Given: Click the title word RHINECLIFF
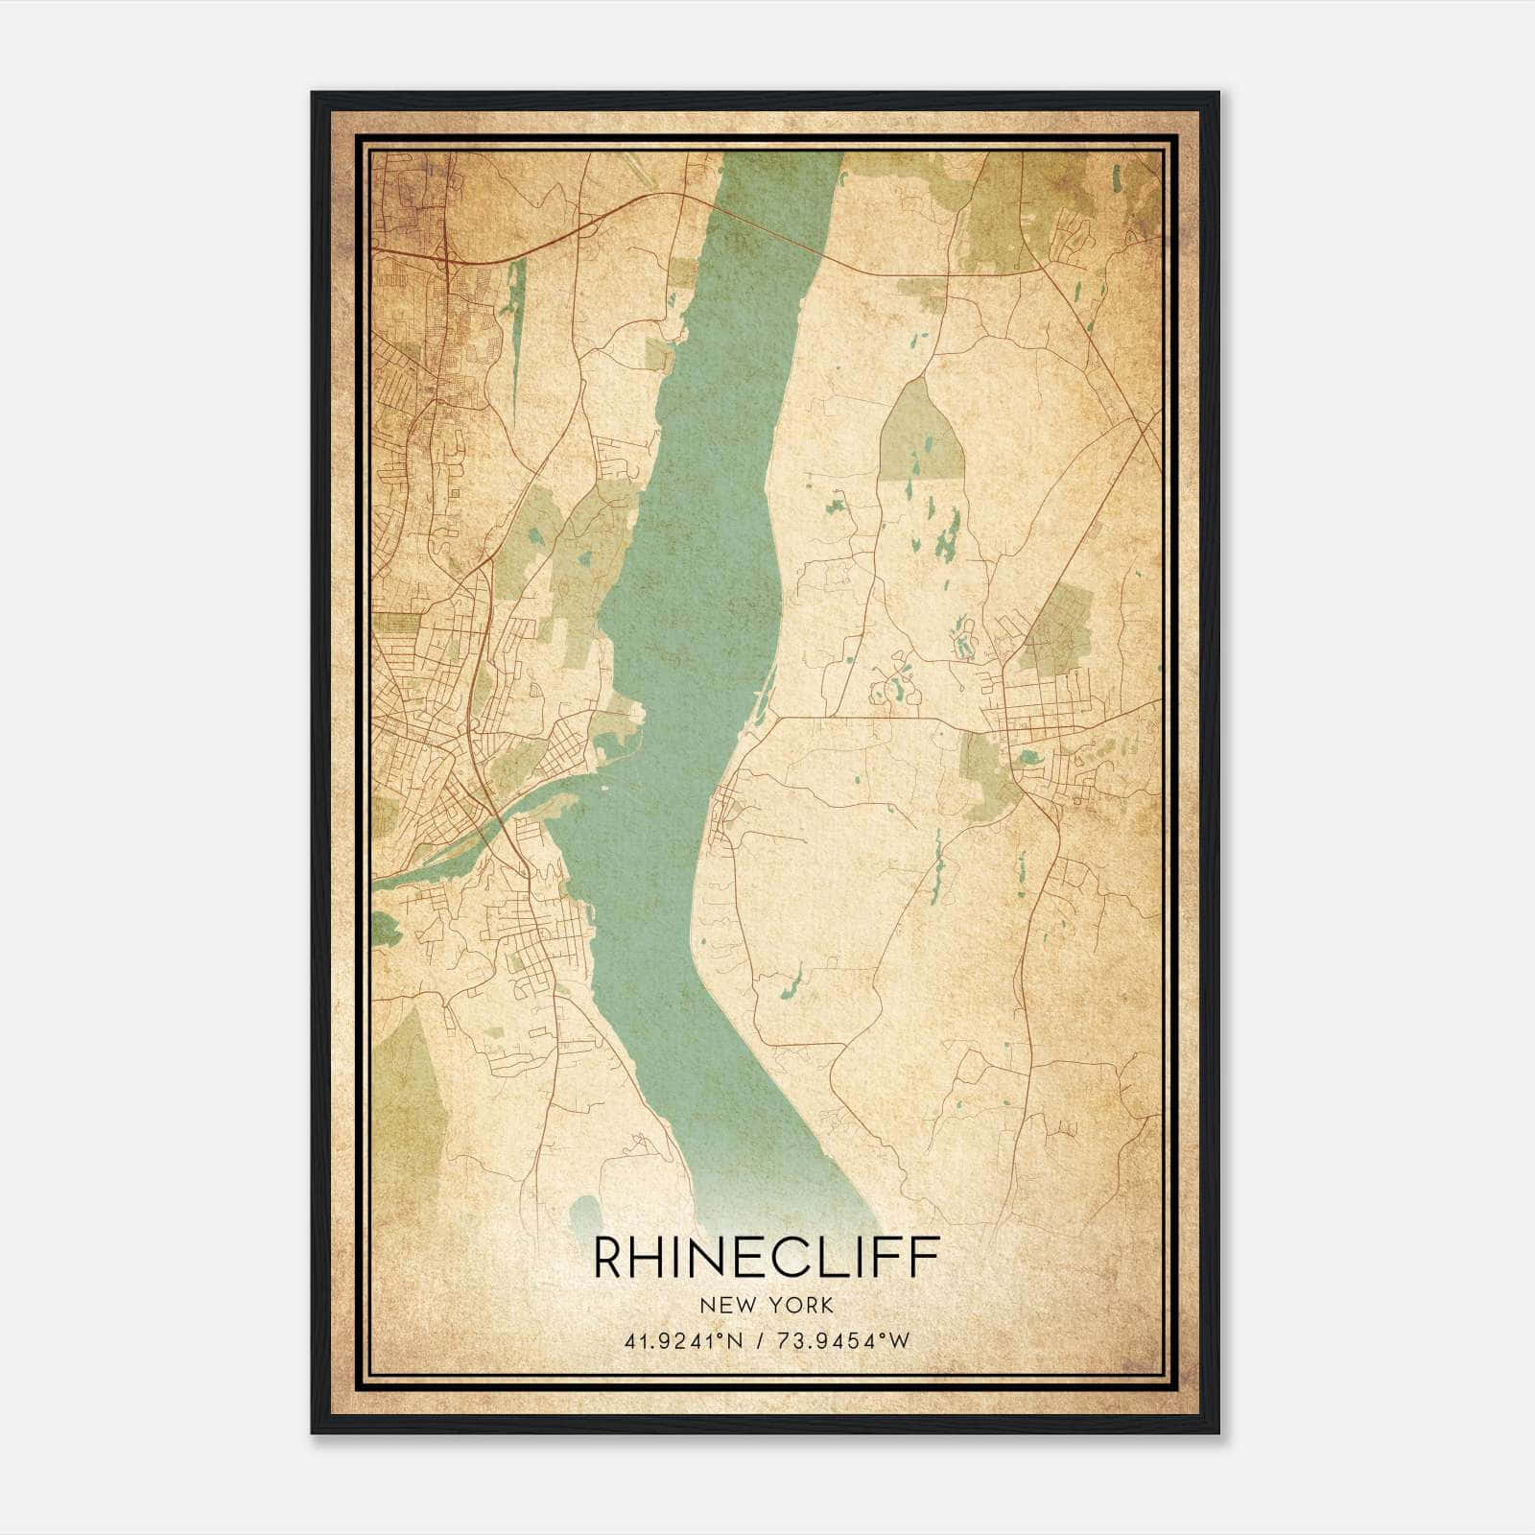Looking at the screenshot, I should click(x=766, y=1258).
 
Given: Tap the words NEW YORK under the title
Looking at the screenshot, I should click(x=767, y=1305).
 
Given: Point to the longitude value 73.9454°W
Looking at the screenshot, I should click(x=841, y=1341).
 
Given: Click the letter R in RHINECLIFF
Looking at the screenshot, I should click(x=611, y=1258).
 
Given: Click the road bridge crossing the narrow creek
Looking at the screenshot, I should click(x=499, y=825).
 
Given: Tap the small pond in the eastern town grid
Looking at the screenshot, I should click(x=1028, y=758).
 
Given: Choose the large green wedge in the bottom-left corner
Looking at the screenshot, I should click(x=408, y=1103).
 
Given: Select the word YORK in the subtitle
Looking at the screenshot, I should click(x=800, y=1305).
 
